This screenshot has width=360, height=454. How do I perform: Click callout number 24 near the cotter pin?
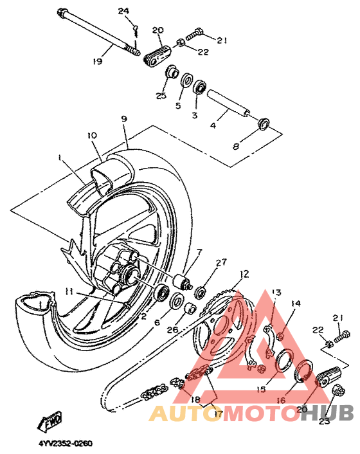(x=123, y=12)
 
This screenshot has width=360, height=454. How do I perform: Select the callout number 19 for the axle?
(x=98, y=61)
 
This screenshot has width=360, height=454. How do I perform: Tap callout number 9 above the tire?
(x=124, y=119)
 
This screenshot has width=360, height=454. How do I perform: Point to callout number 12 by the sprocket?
(x=244, y=274)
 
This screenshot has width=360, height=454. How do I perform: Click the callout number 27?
(x=221, y=262)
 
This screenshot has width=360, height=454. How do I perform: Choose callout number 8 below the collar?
(x=236, y=147)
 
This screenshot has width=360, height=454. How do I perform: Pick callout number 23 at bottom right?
(x=325, y=421)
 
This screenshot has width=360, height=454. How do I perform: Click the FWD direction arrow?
(x=50, y=420)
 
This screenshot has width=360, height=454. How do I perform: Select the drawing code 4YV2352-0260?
(x=66, y=444)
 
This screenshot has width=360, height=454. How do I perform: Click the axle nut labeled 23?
(x=339, y=390)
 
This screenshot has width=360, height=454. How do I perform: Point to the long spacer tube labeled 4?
(x=228, y=103)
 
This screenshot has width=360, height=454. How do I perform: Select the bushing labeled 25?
(x=172, y=72)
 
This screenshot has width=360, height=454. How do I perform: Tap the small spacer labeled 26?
(x=190, y=309)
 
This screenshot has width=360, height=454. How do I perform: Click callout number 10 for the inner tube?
(x=92, y=136)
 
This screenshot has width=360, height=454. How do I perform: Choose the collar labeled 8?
(x=264, y=123)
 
